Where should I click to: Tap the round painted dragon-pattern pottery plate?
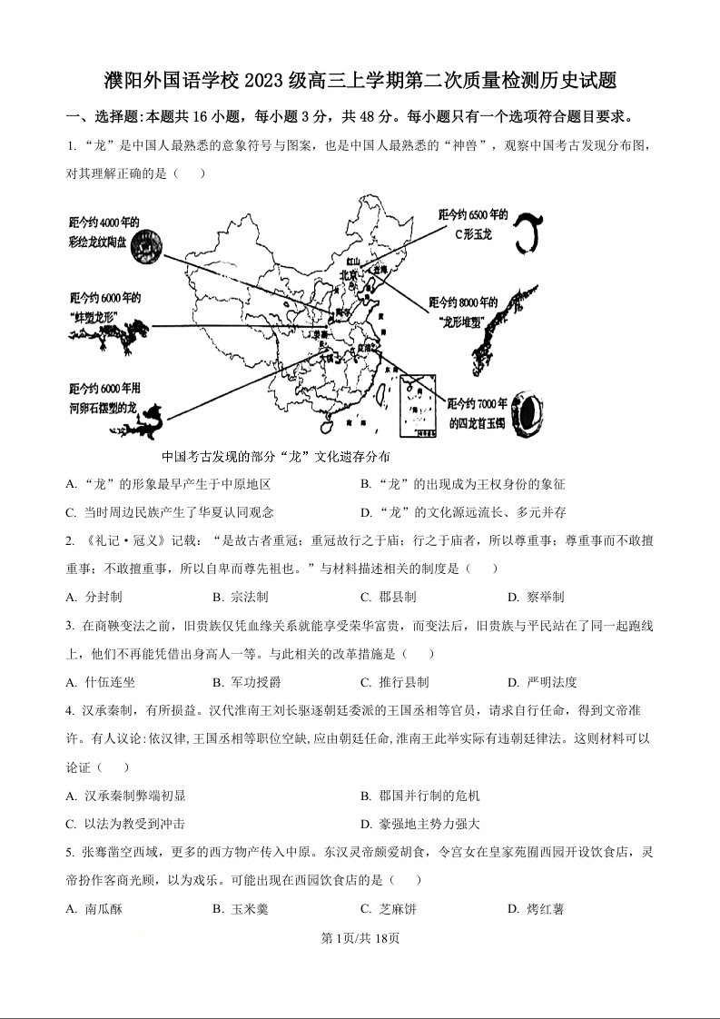148,245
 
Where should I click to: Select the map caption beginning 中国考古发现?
275,456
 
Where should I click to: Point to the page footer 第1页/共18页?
360,939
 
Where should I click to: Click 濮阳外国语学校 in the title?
172,81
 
